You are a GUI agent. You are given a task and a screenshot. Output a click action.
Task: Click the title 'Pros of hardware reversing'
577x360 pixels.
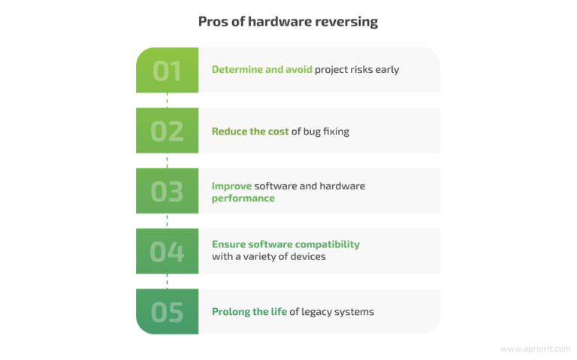288,22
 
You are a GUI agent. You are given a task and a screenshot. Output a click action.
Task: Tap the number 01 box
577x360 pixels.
167,70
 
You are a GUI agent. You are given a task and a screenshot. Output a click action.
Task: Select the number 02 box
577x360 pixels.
167,131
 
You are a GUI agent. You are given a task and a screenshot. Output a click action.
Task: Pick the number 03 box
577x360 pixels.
167,191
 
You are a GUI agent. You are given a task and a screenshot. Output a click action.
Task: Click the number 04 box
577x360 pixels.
167,251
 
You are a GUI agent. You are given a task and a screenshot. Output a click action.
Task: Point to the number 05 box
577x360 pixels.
167,311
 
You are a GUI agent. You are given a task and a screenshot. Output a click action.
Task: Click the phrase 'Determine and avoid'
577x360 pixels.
261,70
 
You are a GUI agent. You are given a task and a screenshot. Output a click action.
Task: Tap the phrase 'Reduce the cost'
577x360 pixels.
250,132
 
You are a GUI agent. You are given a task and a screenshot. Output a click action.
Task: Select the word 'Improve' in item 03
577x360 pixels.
231,186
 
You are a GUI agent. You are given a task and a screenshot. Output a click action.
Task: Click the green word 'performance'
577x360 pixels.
243,198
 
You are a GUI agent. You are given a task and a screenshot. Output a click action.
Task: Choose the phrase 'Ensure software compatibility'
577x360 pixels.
285,244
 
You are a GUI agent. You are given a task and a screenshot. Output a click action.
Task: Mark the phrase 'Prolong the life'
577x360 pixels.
249,312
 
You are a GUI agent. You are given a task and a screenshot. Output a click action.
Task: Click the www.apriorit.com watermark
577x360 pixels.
535,349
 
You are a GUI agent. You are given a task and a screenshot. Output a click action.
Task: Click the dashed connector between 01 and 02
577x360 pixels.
167,100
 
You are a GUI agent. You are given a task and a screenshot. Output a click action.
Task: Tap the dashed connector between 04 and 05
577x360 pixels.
167,281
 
